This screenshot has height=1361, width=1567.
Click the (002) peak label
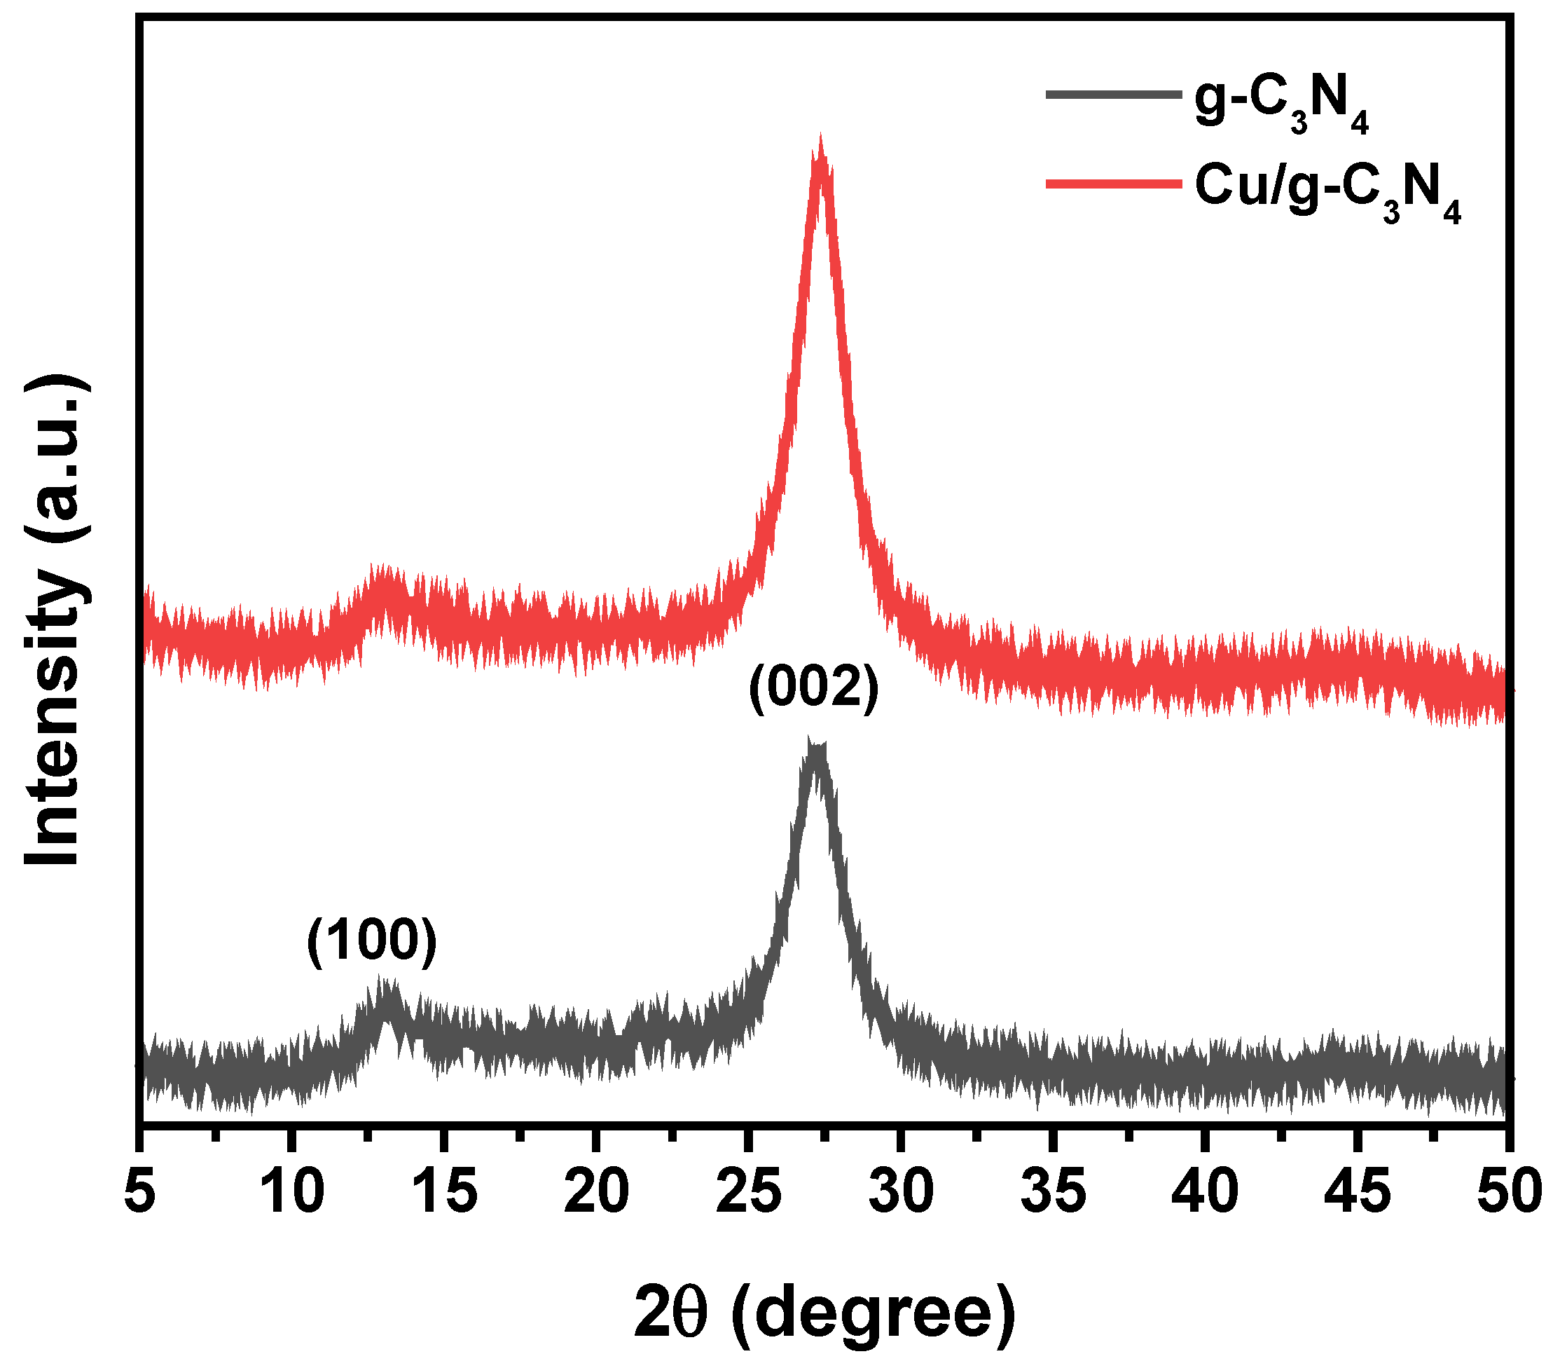click(x=813, y=689)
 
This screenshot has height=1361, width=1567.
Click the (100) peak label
click(x=372, y=942)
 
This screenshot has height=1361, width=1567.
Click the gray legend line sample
click(x=1113, y=95)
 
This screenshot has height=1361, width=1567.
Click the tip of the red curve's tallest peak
click(x=821, y=140)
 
